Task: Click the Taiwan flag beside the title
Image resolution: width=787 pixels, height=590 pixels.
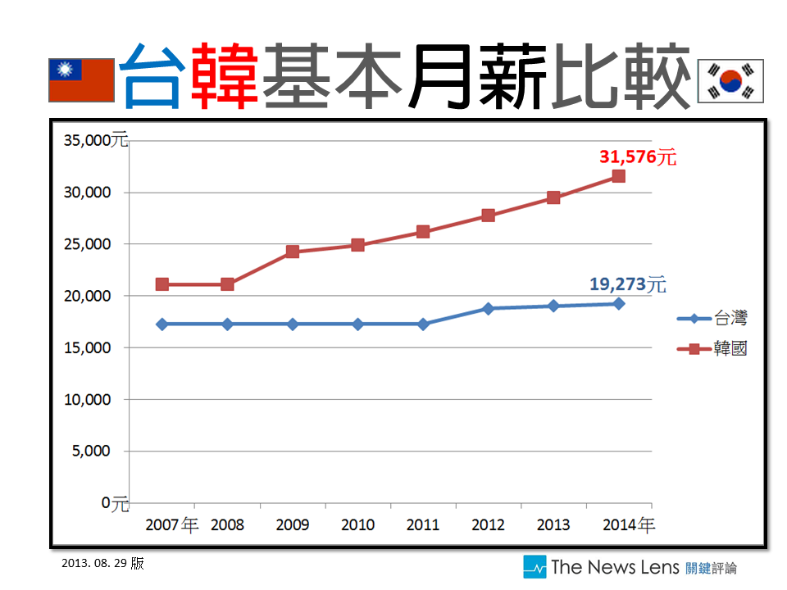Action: pyautogui.click(x=81, y=80)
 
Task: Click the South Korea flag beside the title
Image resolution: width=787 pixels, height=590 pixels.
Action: pyautogui.click(x=730, y=80)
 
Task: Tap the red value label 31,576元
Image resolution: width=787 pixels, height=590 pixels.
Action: pyautogui.click(x=638, y=157)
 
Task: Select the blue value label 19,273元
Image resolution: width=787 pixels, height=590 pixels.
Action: pyautogui.click(x=627, y=285)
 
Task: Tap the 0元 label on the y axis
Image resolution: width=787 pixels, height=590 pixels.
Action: pyautogui.click(x=115, y=502)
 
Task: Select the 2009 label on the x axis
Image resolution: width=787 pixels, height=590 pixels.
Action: pyautogui.click(x=293, y=525)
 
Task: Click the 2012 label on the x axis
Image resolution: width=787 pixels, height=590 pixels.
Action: pyautogui.click(x=488, y=525)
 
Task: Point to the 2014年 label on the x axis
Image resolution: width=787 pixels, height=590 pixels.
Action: pyautogui.click(x=628, y=525)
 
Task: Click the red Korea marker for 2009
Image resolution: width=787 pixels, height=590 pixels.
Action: pyautogui.click(x=293, y=252)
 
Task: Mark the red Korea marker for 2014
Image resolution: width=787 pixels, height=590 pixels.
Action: pyautogui.click(x=619, y=176)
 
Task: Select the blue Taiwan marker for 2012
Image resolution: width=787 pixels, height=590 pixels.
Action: pyautogui.click(x=488, y=309)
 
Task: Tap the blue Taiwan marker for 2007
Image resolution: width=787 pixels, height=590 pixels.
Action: pyautogui.click(x=162, y=324)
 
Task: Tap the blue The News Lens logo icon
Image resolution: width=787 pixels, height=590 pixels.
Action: pyautogui.click(x=535, y=567)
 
